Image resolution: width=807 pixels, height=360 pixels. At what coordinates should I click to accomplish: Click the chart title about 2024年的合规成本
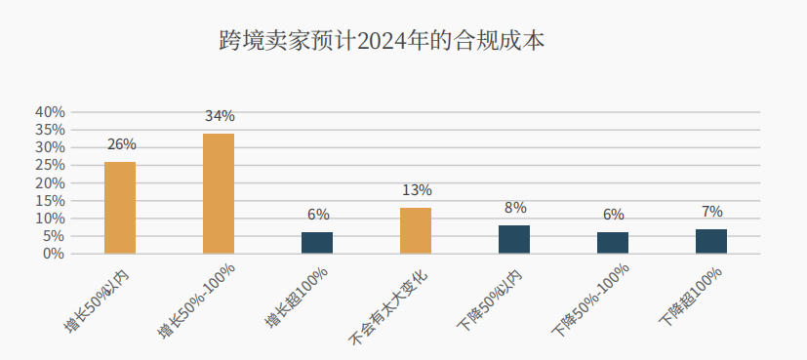point(383,41)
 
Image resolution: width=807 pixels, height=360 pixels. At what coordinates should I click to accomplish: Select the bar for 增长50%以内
point(120,208)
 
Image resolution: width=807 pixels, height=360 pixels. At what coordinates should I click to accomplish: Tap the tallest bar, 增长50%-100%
point(219,193)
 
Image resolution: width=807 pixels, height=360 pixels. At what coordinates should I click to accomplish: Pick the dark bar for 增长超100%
point(317,243)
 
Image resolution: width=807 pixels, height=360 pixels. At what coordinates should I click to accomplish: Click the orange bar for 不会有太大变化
point(416,230)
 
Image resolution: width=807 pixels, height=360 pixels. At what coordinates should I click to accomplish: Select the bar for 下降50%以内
point(514,239)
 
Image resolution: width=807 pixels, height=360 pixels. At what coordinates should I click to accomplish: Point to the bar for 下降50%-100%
point(613,243)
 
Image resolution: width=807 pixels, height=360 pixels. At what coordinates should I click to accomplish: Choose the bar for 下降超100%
point(711,241)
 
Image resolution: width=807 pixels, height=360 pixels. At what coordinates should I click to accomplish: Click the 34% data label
point(220,117)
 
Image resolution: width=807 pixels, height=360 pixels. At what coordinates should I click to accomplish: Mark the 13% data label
point(417,191)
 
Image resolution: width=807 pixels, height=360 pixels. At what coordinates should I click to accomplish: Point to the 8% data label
point(515,208)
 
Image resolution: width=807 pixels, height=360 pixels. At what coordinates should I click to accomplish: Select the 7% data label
point(711,212)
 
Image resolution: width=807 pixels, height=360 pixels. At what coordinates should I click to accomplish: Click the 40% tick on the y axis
point(50,112)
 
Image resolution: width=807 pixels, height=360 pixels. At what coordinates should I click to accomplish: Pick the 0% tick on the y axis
point(54,254)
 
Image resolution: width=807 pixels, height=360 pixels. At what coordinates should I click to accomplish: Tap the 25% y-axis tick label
point(50,165)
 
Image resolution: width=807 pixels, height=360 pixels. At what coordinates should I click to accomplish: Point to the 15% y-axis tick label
point(50,201)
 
